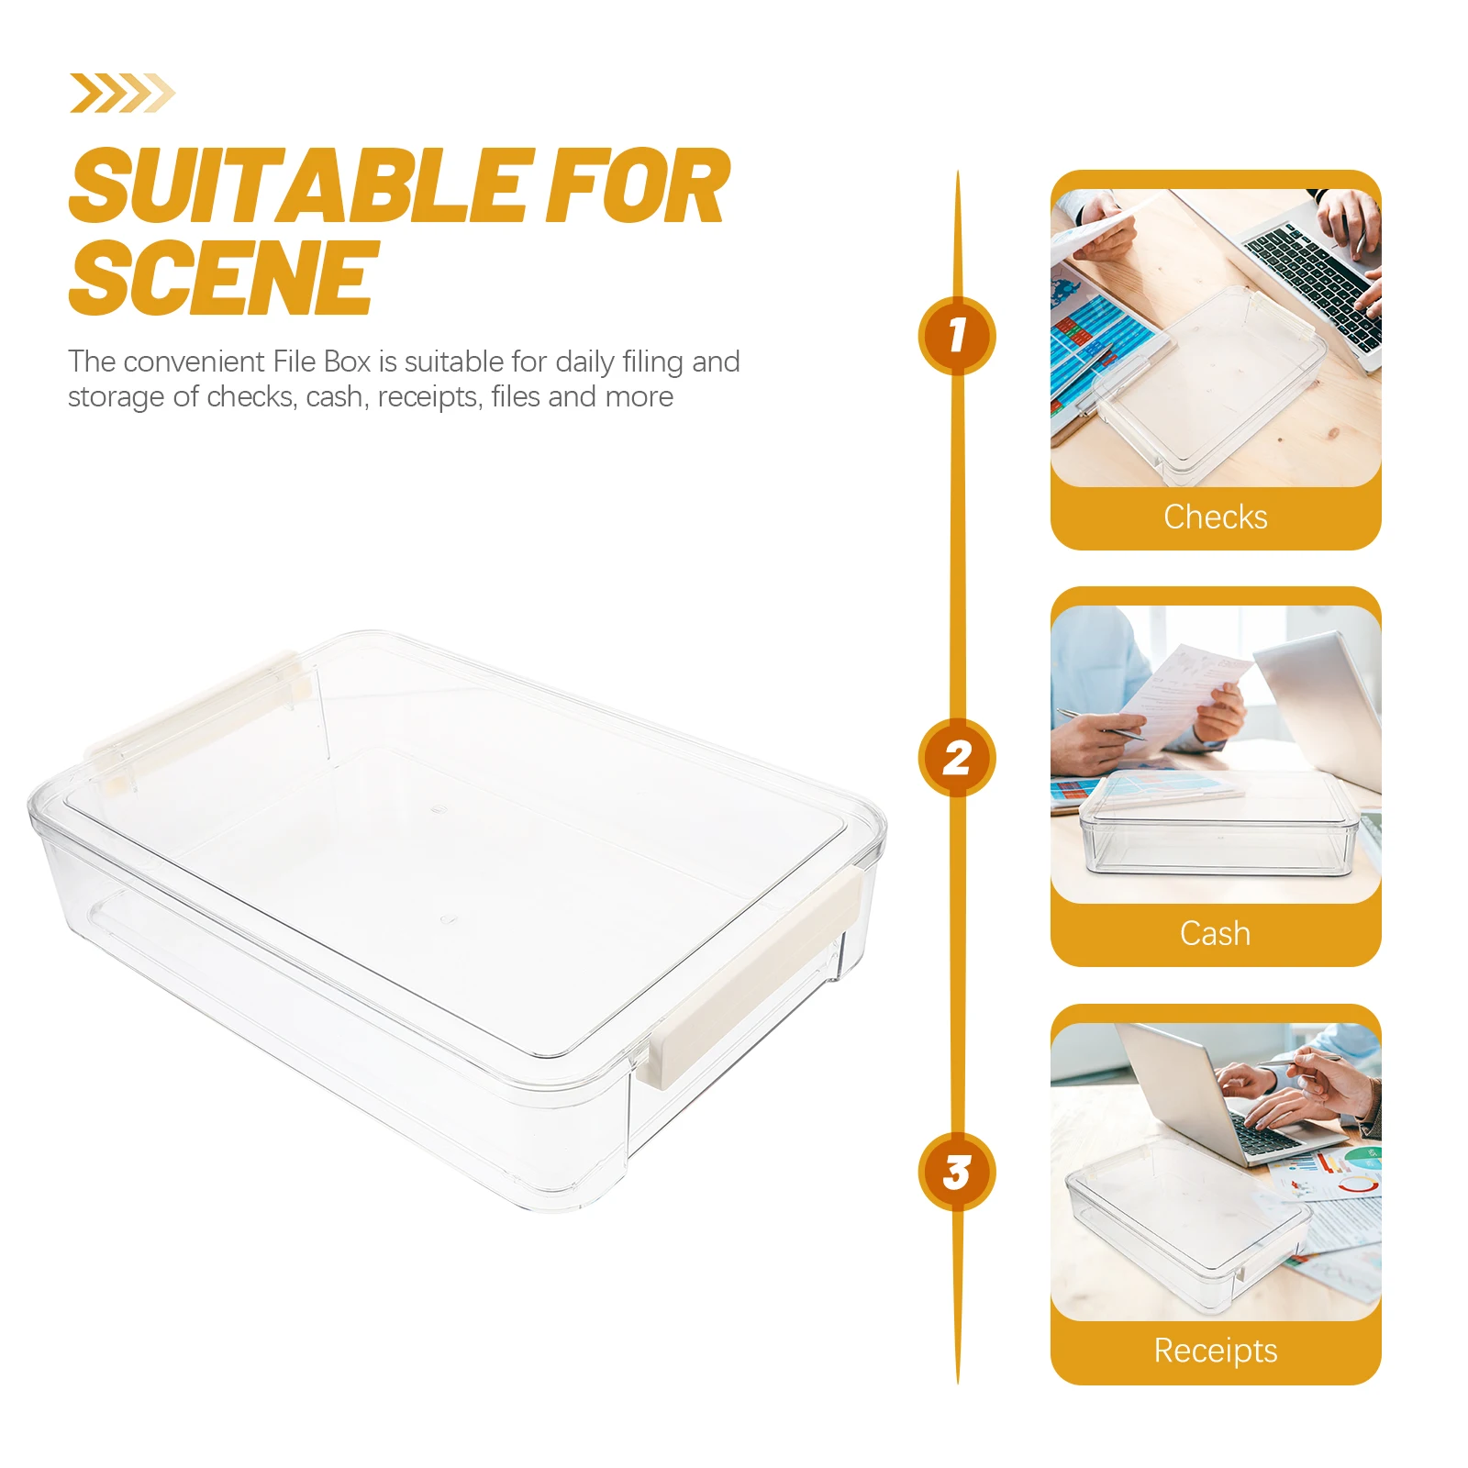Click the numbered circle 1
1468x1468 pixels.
pos(957,335)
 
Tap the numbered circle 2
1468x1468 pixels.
pos(957,757)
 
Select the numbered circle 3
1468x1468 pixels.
pos(957,1172)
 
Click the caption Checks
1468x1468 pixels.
pos(1215,517)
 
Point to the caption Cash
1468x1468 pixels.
pos(1215,934)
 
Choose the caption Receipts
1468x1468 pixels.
pos(1215,1351)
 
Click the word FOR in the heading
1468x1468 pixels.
pos(637,188)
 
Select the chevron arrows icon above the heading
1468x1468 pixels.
pos(122,93)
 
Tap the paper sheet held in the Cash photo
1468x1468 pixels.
pos(1184,697)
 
